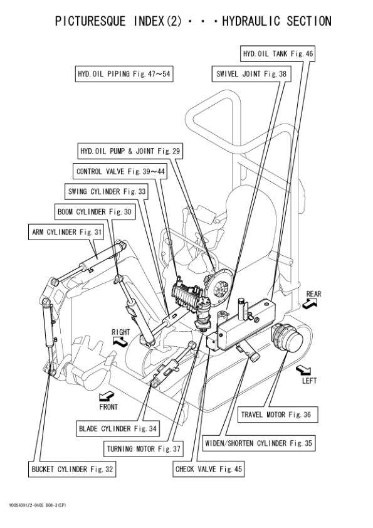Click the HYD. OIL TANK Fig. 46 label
pos(277,53)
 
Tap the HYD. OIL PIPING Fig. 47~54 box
pos(123,74)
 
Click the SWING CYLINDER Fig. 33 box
pos(106,191)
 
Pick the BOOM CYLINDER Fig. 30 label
pos(94,212)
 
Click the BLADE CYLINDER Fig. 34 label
pos(118,429)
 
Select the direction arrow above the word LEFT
pos(303,368)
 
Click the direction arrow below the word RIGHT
pos(118,341)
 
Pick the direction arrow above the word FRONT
pos(107,395)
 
